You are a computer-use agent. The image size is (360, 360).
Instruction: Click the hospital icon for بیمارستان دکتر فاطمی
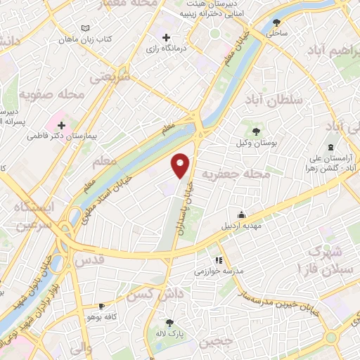tap(62, 124)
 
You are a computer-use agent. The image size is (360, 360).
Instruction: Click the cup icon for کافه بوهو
tap(101, 307)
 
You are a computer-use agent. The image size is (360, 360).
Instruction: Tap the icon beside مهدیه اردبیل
tap(242, 215)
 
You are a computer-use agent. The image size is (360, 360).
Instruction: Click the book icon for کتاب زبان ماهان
tap(86, 27)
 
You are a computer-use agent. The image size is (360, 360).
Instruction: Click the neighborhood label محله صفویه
tap(52, 93)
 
